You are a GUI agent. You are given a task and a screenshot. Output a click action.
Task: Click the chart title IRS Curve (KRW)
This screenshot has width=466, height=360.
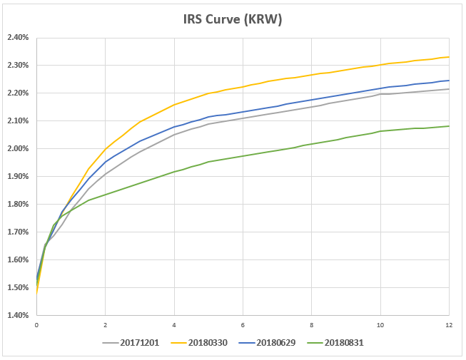point(233,19)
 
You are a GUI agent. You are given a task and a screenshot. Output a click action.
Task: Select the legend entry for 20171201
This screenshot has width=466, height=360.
point(131,343)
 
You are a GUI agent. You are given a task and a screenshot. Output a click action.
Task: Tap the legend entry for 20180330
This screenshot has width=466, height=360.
point(199,343)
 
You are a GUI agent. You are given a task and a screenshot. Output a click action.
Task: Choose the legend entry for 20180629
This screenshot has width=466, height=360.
point(267,343)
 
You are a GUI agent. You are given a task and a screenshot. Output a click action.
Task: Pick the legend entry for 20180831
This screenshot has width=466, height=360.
point(335,343)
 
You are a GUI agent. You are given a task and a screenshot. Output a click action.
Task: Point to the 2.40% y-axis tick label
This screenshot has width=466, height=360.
point(18,37)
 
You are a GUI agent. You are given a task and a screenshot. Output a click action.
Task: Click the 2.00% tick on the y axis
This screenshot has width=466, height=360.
point(18,148)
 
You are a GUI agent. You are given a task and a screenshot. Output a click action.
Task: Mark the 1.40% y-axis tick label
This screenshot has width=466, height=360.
point(18,315)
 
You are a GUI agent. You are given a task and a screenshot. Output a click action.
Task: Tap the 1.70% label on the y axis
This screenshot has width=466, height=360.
point(18,232)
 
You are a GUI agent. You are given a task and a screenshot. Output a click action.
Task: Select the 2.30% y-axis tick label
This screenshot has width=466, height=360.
point(18,65)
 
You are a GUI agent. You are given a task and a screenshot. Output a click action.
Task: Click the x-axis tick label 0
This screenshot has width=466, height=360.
point(36,325)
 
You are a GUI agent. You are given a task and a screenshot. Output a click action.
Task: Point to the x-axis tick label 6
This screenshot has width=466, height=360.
point(243,325)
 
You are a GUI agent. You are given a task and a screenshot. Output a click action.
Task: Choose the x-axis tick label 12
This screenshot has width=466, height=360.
point(449,325)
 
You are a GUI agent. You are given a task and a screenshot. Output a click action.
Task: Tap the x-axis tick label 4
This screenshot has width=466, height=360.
point(174,325)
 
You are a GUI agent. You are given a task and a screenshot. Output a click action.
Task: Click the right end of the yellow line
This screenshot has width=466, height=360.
point(449,57)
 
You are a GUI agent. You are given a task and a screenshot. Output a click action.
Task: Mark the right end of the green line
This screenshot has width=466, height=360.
point(449,126)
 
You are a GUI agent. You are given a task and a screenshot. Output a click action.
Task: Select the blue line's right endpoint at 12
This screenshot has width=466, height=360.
point(449,81)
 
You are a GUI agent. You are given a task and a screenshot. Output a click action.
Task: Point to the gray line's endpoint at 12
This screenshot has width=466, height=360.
point(449,89)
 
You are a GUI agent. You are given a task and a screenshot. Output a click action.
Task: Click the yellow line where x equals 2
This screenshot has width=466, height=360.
point(105,149)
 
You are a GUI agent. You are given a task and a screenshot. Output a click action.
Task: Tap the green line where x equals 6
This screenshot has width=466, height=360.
point(243,156)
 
